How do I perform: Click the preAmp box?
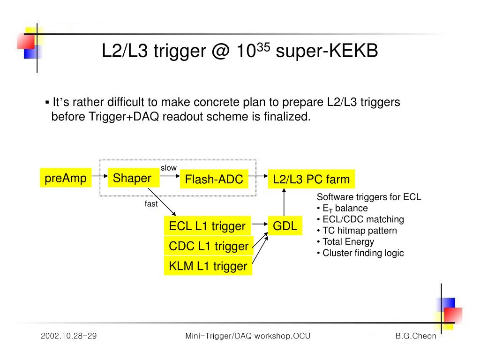pos(66,178)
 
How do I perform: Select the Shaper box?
pos(133,178)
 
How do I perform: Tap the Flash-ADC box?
pos(214,179)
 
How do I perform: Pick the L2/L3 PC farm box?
pos(311,179)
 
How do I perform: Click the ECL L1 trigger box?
pos(207,226)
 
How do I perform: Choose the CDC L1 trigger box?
pos(208,246)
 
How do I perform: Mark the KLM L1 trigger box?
pos(208,266)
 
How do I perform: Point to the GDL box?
pos(285,226)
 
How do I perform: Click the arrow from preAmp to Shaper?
pos(99,177)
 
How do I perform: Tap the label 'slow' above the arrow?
pos(169,168)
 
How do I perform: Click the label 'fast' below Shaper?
pos(151,204)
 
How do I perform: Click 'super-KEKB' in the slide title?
pos(327,52)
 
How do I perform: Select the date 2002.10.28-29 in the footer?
pos(68,336)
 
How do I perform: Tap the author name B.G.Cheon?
pos(415,336)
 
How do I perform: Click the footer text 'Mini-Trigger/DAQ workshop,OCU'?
pos(248,336)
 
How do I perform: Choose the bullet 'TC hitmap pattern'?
pos(357,231)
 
